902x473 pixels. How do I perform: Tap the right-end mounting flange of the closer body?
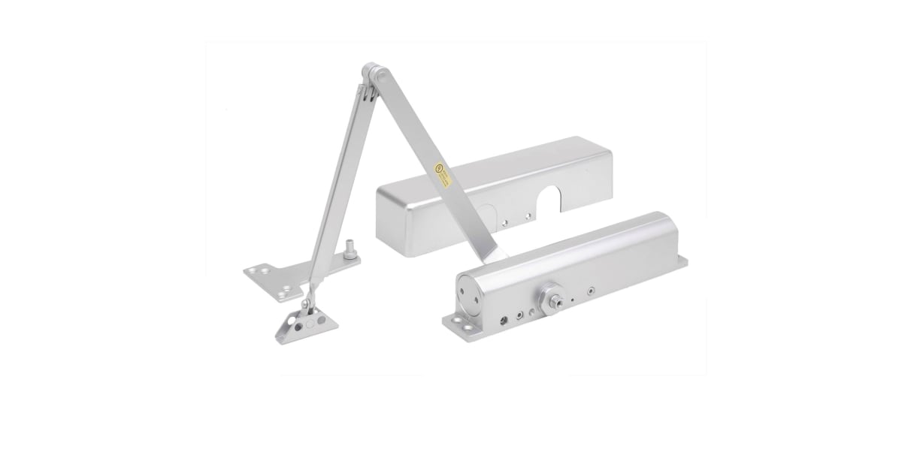click(x=682, y=261)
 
